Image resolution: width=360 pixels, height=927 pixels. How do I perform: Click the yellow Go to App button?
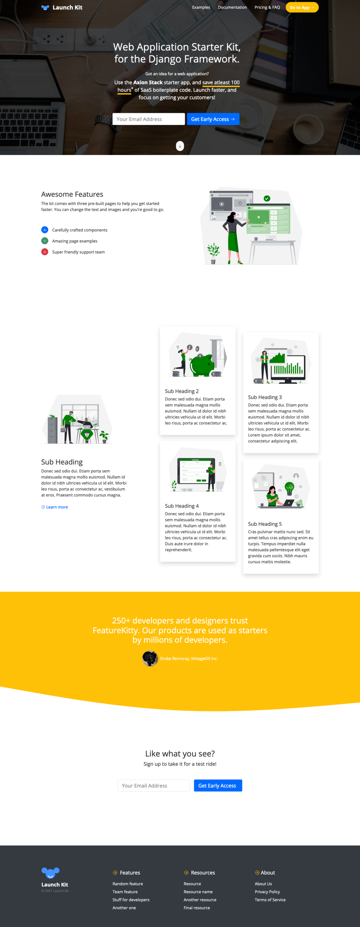click(x=302, y=8)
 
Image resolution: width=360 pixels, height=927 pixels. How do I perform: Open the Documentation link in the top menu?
click(x=232, y=8)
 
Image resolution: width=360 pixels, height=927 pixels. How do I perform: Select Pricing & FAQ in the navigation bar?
click(x=267, y=8)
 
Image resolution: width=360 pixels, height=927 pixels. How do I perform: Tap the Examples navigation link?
click(x=201, y=8)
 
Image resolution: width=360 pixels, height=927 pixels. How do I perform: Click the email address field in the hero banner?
click(x=149, y=119)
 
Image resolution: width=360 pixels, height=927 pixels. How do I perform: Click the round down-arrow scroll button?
click(x=180, y=146)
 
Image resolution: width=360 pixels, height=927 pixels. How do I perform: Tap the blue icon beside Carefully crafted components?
click(x=45, y=230)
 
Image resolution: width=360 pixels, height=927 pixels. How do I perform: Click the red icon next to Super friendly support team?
click(x=45, y=252)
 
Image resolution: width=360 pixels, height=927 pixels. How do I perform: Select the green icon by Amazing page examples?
click(x=45, y=241)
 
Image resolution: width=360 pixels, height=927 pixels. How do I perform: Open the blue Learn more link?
click(x=55, y=507)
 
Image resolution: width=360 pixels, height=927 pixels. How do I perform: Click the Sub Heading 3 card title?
click(x=265, y=397)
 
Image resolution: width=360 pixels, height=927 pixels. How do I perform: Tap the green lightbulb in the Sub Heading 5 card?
click(x=289, y=488)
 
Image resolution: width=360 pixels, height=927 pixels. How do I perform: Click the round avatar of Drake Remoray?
click(x=150, y=659)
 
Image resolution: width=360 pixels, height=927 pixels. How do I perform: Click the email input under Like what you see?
click(x=154, y=786)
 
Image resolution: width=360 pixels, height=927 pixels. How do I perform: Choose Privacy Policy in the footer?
click(x=267, y=892)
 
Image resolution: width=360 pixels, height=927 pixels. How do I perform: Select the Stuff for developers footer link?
click(x=131, y=900)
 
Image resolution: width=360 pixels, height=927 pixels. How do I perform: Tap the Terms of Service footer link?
click(x=270, y=900)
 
